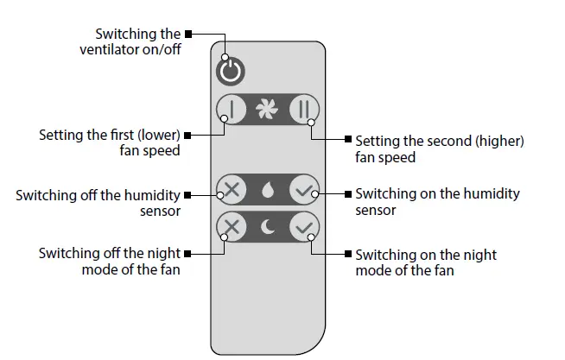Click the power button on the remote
[x=229, y=71]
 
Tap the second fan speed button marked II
[x=303, y=110]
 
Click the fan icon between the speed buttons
[x=267, y=110]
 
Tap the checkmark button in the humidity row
[x=303, y=190]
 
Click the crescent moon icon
[x=267, y=228]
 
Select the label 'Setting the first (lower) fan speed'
[x=110, y=142]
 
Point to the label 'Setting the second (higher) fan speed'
[x=439, y=148]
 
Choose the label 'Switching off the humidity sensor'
[x=98, y=202]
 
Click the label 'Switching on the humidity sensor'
[x=437, y=201]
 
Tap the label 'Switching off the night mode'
[x=110, y=262]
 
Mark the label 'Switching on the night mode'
[x=426, y=262]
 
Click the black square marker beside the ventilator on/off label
[x=188, y=35]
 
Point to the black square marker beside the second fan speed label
[x=347, y=139]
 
